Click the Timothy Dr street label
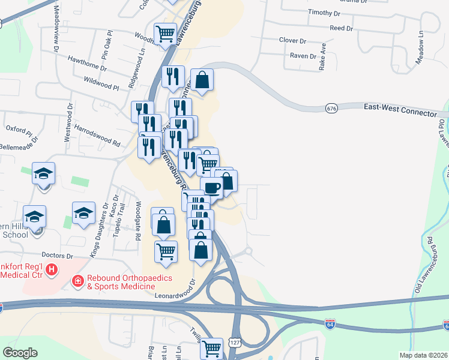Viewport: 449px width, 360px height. pyautogui.click(x=324, y=13)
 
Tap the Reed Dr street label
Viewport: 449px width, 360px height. pyautogui.click(x=341, y=28)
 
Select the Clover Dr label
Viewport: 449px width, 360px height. pyautogui.click(x=292, y=40)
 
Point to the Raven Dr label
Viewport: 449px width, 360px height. pyautogui.click(x=303, y=56)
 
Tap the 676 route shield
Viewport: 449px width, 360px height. pyautogui.click(x=331, y=108)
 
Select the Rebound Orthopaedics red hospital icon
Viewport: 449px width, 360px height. pyautogui.click(x=78, y=281)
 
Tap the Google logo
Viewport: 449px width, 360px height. pyautogui.click(x=20, y=353)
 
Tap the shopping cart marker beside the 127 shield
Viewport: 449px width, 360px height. pyautogui.click(x=211, y=349)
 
